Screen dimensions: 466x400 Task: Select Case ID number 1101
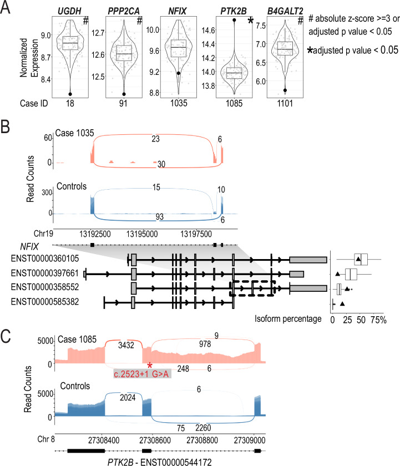[x=285, y=103]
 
